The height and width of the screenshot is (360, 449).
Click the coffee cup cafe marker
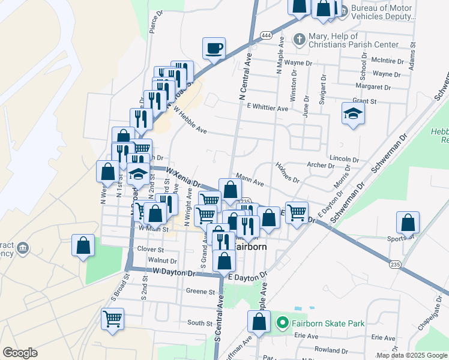tap(214, 48)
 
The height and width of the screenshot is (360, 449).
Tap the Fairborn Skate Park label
tap(328, 323)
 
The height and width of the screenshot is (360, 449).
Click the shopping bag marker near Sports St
tap(408, 223)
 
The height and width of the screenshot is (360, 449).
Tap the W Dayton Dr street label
tap(174, 273)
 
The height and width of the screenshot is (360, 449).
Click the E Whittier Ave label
tap(267, 107)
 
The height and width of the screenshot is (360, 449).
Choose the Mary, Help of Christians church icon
tap(300, 40)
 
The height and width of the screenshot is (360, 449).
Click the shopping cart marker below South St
tap(112, 319)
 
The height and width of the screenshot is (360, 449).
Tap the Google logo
tap(20, 353)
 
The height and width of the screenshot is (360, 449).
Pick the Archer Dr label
tap(319, 165)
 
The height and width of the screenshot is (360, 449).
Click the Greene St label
tap(200, 292)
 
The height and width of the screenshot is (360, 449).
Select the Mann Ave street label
tap(250, 178)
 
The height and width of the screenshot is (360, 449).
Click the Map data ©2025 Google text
tap(411, 355)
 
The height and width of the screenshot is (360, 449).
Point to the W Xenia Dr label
tap(182, 177)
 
